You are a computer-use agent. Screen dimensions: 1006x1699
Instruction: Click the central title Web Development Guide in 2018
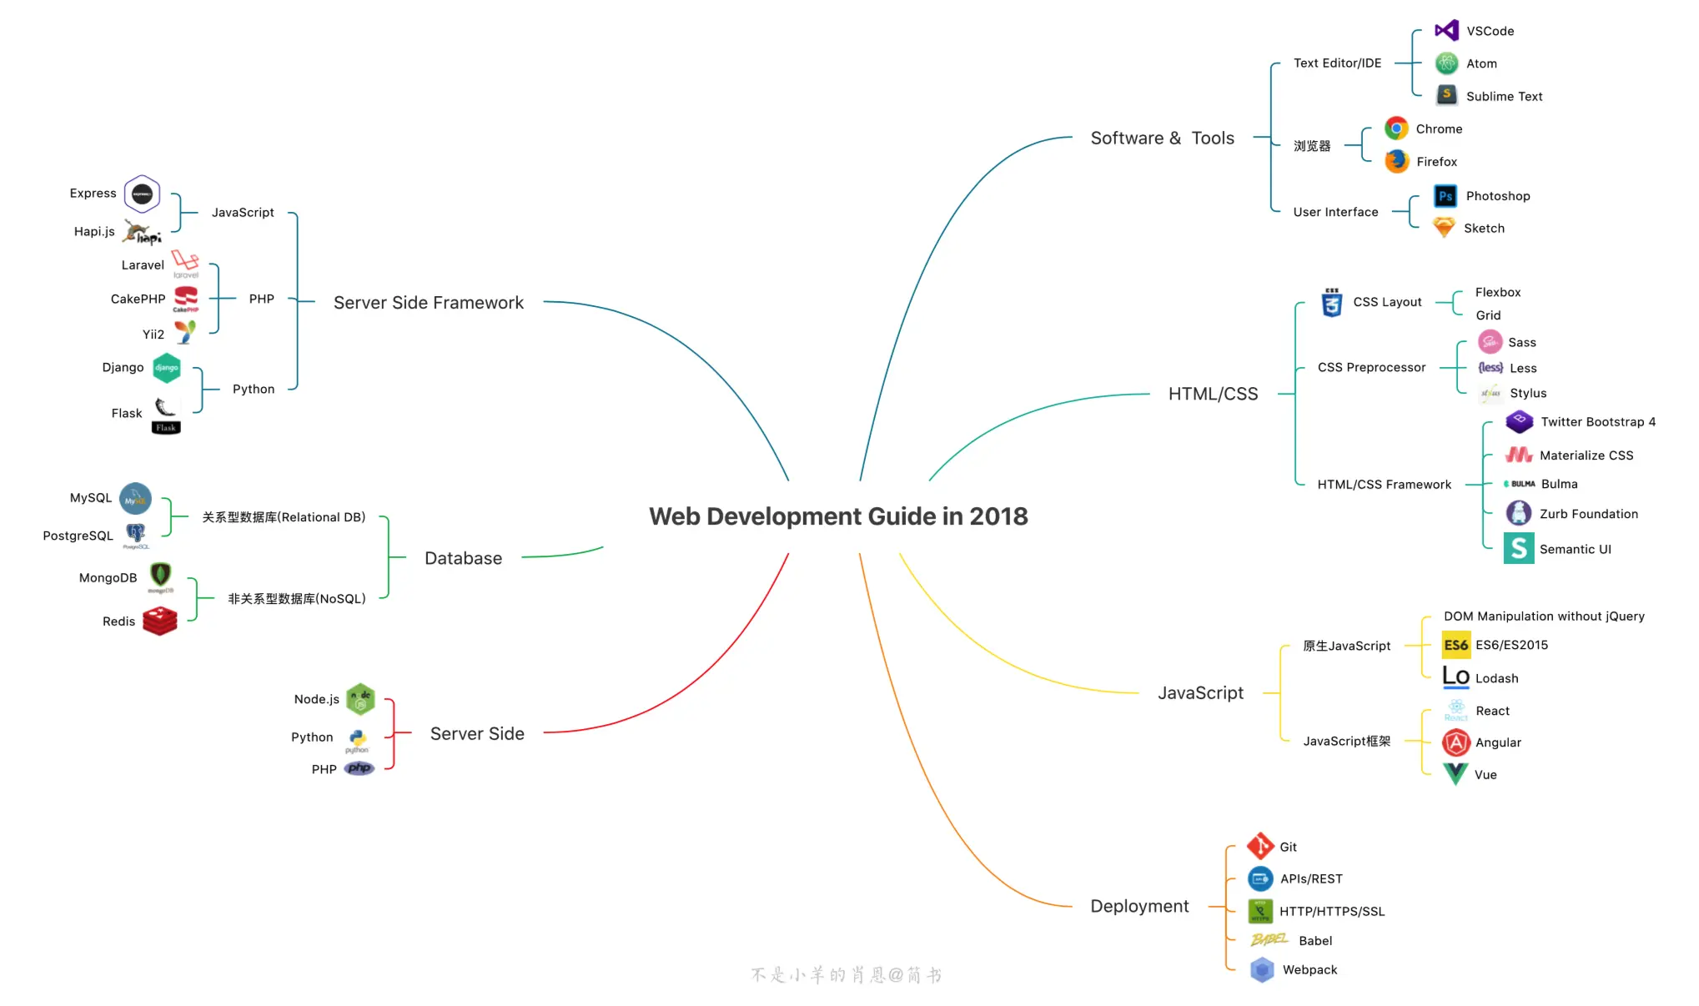[838, 516]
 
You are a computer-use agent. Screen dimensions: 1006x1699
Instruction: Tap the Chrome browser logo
[1396, 128]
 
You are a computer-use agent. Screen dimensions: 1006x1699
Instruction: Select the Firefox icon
[1397, 161]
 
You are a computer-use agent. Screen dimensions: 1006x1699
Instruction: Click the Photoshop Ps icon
[1445, 196]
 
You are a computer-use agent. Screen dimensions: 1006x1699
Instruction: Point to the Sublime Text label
[1504, 97]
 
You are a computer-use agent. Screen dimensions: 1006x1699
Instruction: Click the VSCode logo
[1446, 31]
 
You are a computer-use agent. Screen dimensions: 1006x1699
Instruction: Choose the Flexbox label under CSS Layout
[1497, 292]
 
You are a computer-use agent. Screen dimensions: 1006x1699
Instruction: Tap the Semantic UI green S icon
[1519, 548]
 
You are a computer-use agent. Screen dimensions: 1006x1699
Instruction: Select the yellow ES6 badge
[1456, 645]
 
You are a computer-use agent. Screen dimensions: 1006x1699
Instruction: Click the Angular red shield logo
[1456, 742]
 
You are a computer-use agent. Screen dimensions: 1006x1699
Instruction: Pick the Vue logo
[1455, 774]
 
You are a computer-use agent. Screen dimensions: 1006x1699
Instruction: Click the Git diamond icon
[1260, 846]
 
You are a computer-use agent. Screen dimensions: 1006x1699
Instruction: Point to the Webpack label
[1309, 969]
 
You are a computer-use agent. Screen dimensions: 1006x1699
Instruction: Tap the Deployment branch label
[1139, 906]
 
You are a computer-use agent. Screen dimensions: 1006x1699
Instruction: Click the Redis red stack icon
[159, 621]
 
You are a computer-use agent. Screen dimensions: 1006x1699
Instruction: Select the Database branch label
[463, 558]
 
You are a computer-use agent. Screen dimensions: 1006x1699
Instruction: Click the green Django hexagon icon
[167, 368]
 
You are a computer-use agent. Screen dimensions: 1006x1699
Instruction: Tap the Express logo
[142, 194]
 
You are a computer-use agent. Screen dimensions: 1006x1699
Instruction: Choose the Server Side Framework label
[429, 303]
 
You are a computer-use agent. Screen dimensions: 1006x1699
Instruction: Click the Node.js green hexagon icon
[360, 699]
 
